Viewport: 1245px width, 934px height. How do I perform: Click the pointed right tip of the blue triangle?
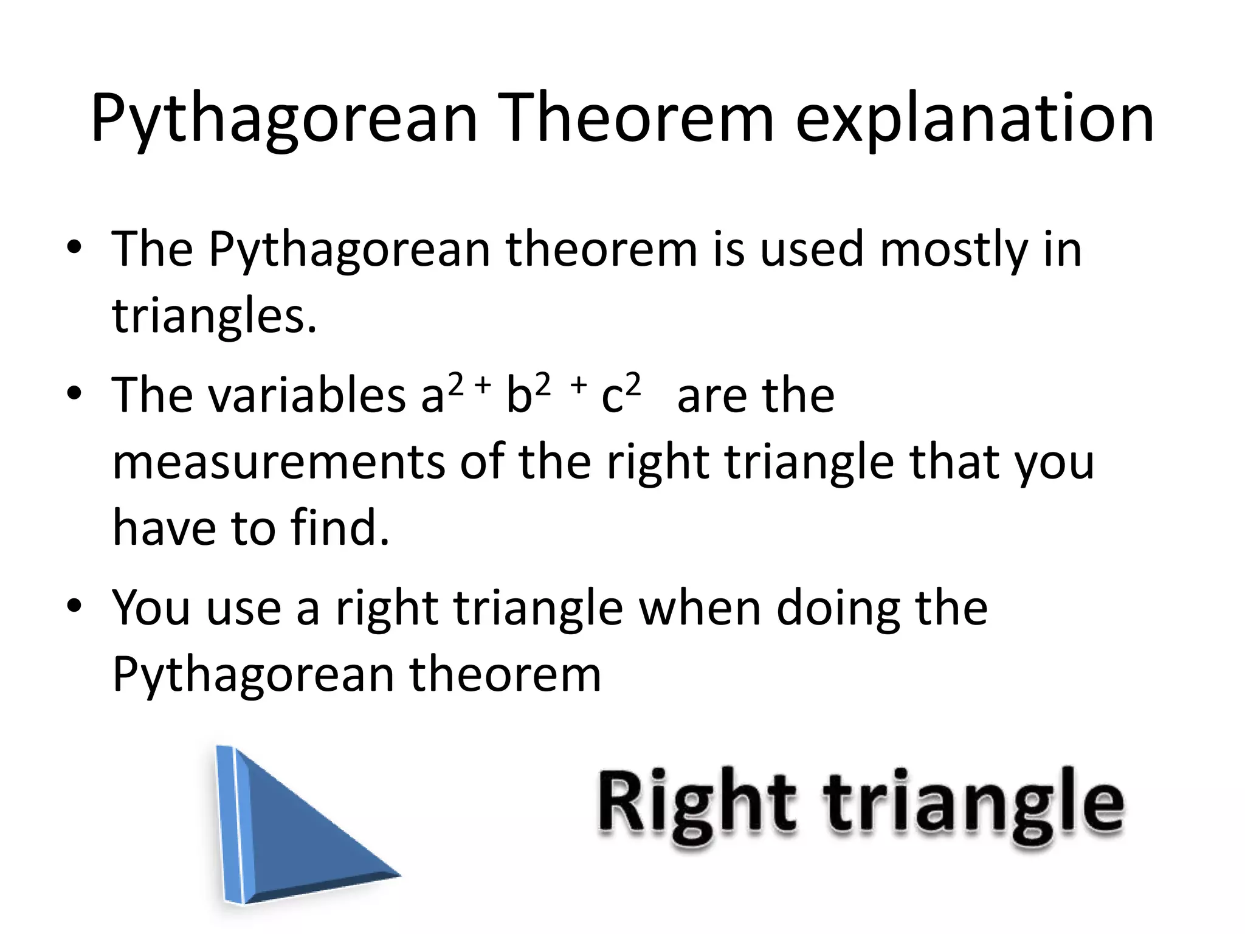click(x=398, y=876)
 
